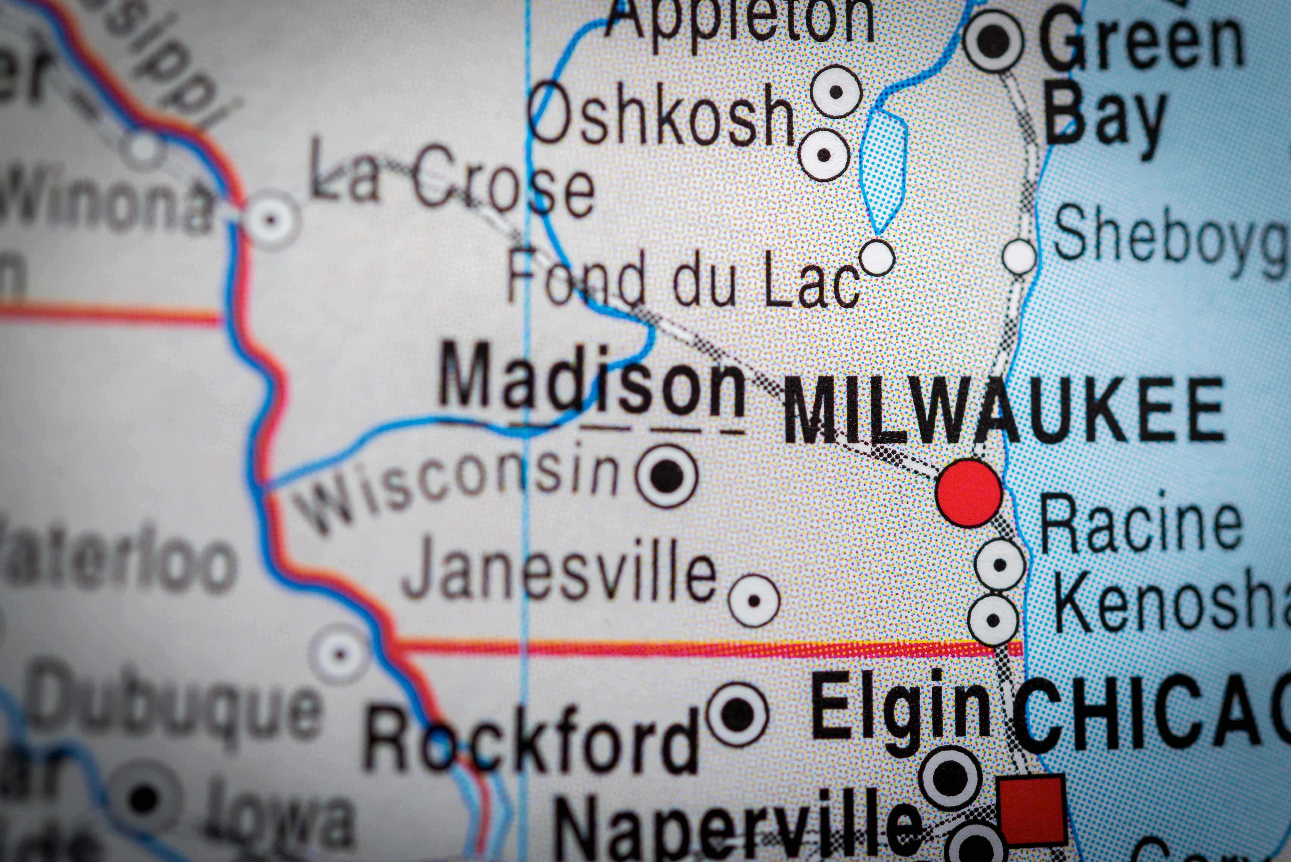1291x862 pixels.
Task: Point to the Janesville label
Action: (559, 577)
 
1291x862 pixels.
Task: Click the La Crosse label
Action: (451, 181)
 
